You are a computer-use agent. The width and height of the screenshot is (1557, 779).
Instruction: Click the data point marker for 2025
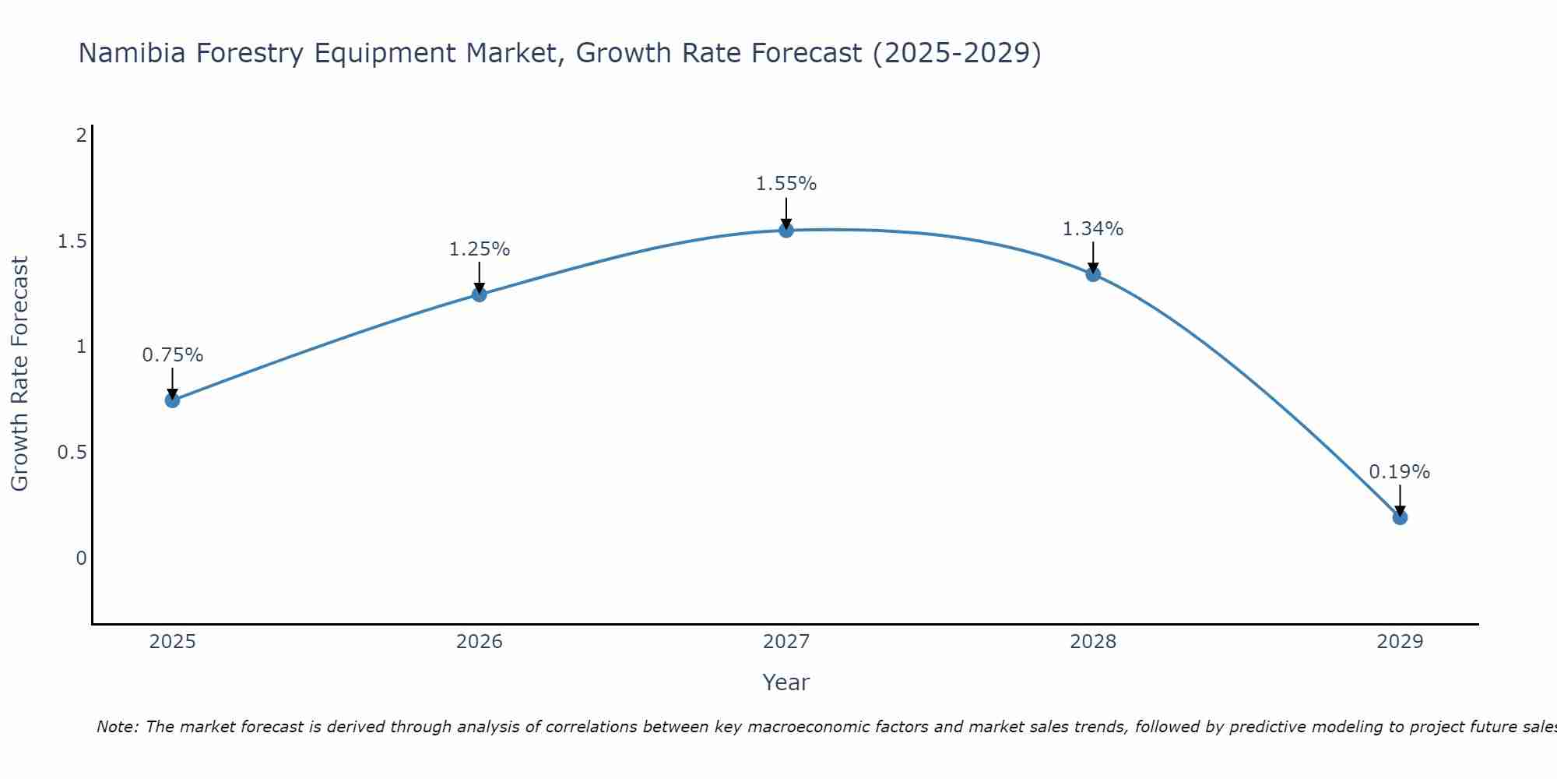(172, 400)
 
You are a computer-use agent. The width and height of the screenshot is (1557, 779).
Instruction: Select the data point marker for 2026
(479, 294)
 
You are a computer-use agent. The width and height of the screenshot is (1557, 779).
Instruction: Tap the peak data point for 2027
(786, 231)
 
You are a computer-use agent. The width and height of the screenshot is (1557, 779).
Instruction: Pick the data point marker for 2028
(1092, 274)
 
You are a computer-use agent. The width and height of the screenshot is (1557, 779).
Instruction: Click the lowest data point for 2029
(1399, 517)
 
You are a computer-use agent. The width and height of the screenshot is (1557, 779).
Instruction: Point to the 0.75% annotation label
(172, 355)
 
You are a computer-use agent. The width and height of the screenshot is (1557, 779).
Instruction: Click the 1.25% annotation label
(479, 249)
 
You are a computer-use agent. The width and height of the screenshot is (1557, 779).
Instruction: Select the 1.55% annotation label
(786, 184)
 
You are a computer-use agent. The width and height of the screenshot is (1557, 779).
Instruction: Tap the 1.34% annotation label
(1092, 229)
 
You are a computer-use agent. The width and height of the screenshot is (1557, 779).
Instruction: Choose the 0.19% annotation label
(1399, 472)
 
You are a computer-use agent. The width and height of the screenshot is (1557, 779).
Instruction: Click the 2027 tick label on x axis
(786, 642)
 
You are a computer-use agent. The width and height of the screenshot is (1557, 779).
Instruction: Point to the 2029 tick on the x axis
(1399, 642)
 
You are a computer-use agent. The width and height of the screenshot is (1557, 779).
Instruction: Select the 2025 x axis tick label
(172, 642)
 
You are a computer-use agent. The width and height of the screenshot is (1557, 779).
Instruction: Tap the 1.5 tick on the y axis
(72, 241)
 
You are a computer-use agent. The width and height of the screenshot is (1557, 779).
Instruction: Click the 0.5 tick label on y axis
(72, 453)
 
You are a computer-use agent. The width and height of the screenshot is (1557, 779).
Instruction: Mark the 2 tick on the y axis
(80, 136)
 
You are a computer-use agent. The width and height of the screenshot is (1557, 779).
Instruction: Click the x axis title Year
(786, 682)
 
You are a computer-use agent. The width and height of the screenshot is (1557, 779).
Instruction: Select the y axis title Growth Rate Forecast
(19, 374)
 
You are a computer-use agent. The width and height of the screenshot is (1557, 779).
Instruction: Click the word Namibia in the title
(132, 53)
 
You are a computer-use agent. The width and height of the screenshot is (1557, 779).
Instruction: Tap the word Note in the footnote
(117, 727)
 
